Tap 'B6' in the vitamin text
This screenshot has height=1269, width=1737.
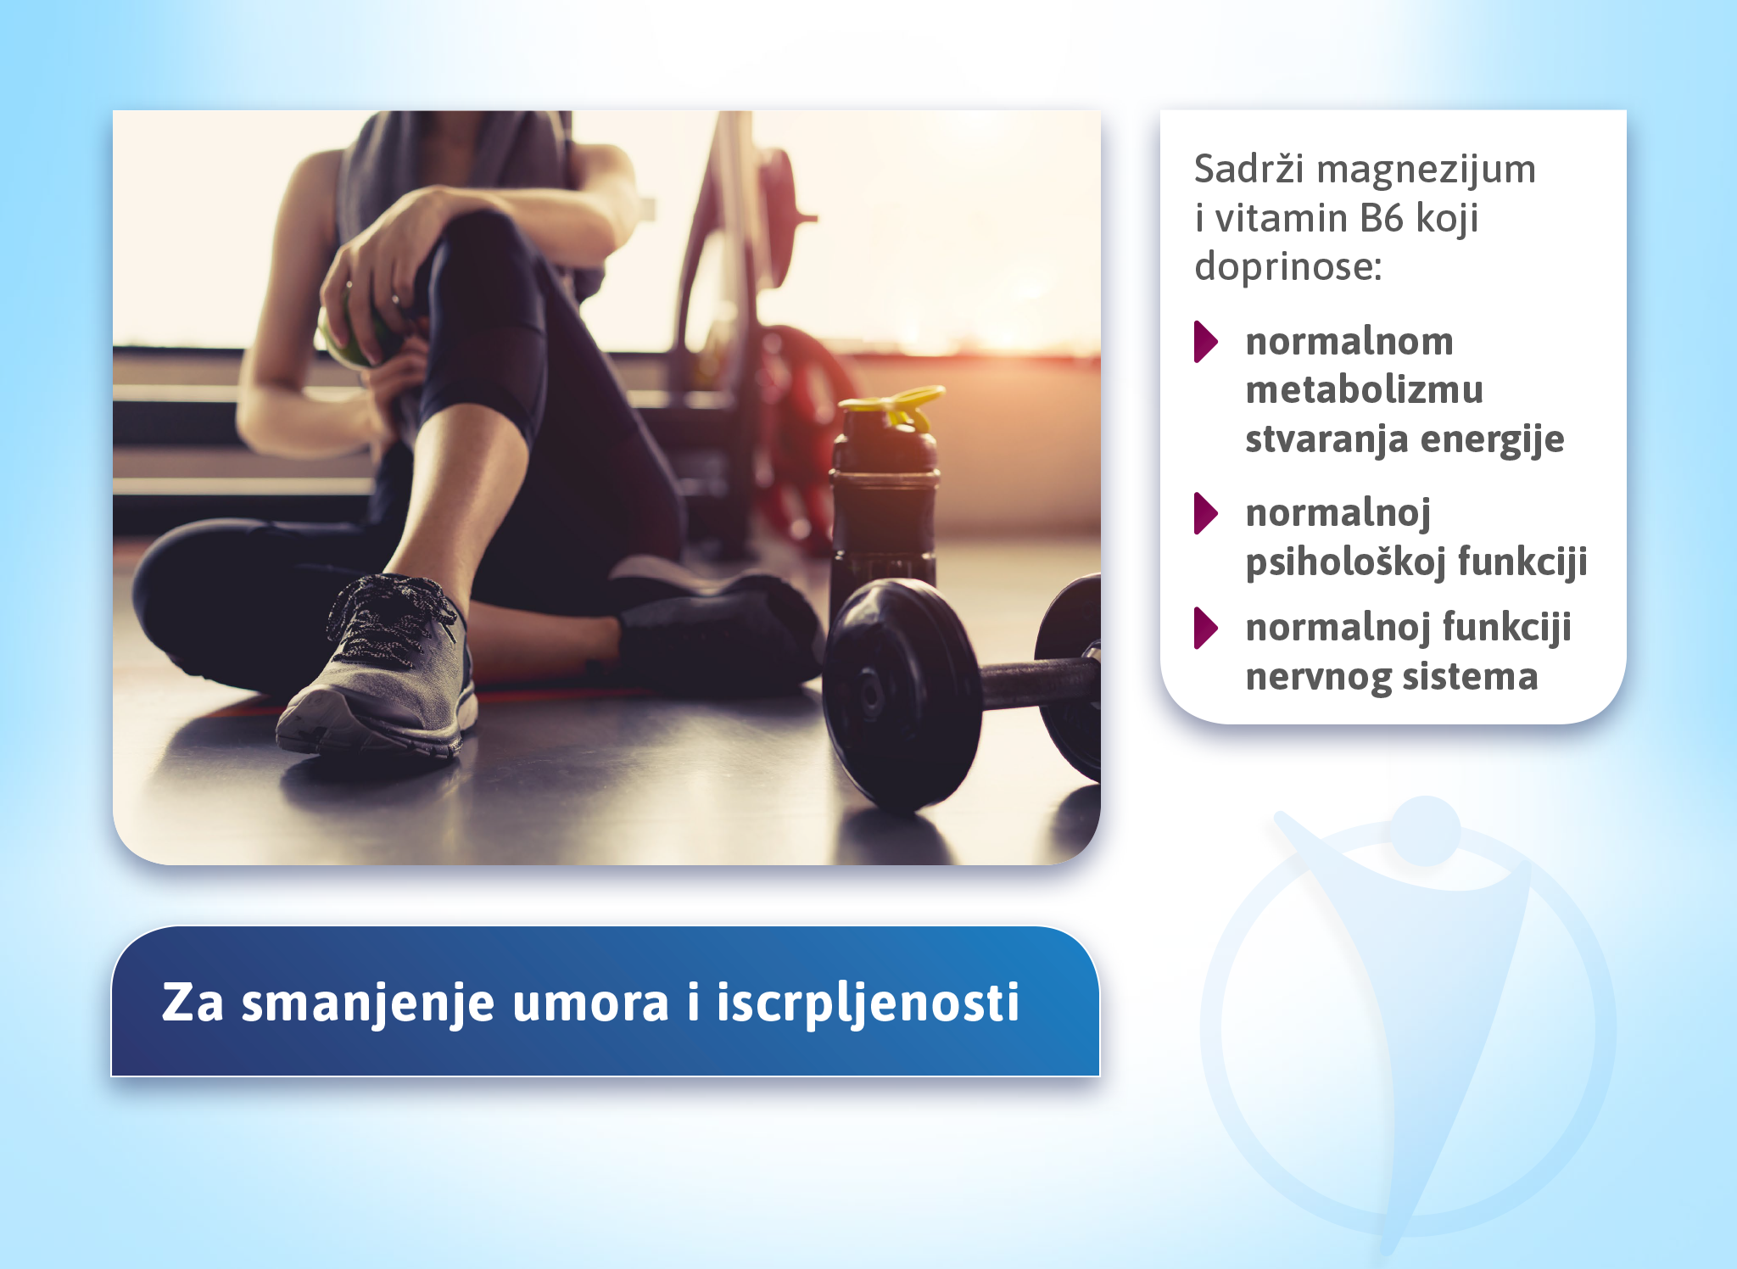point(1382,219)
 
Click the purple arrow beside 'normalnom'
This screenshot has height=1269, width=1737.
point(1205,342)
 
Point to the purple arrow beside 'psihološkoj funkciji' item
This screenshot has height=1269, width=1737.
point(1205,513)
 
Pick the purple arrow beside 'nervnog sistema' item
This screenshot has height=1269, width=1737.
point(1205,629)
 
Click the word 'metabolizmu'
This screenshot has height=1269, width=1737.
point(1365,390)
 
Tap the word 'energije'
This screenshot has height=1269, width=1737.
point(1492,440)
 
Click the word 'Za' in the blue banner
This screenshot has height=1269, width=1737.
point(193,1003)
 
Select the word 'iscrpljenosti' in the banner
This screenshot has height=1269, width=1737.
point(868,1003)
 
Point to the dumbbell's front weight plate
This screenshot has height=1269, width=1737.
point(901,694)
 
